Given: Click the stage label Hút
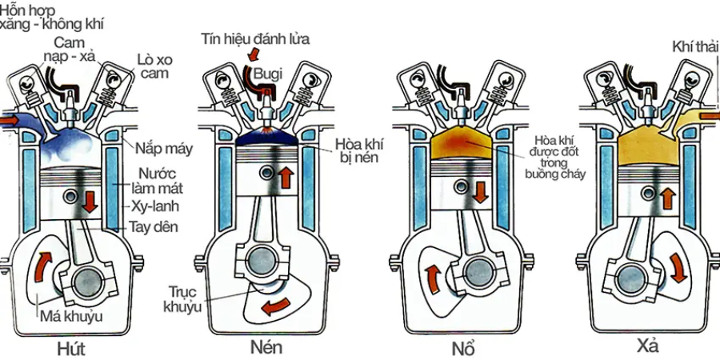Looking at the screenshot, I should [x=71, y=349].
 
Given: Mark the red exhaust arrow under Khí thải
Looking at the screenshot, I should [x=708, y=118].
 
